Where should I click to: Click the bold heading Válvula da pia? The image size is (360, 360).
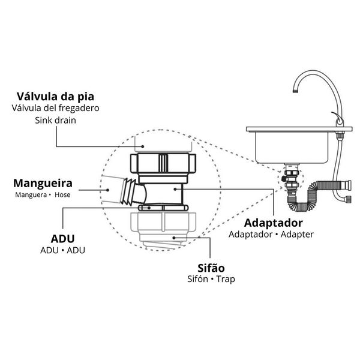55,96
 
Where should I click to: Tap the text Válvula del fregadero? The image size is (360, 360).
55,108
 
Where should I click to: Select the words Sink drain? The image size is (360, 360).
55,120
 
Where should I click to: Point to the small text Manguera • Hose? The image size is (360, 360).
43,195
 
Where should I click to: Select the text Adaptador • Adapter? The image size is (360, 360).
271,234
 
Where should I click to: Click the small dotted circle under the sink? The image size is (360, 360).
289,180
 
